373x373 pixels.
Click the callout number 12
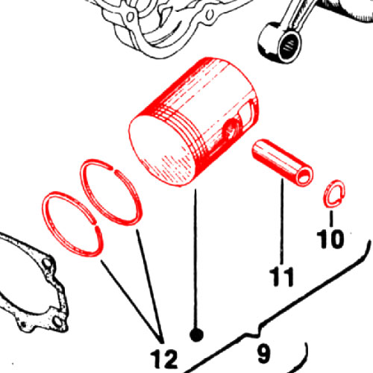pos(164,358)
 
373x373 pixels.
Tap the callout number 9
pos(263,353)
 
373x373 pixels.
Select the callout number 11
pos(282,277)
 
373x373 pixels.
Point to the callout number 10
pos(330,239)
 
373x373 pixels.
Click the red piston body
pos(194,122)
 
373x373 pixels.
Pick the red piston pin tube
pos(282,163)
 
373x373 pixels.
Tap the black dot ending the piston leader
pos(196,335)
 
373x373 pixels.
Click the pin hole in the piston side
pos(231,129)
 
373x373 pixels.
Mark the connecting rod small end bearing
pos(289,45)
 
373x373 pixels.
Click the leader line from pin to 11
pos(282,222)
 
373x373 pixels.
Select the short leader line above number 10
pos(331,219)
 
